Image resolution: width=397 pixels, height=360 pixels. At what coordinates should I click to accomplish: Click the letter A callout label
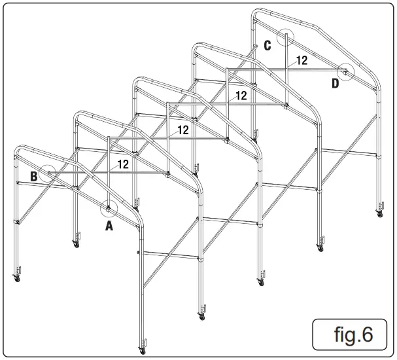[x=109, y=226]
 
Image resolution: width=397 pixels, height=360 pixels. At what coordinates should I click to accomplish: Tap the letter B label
[x=33, y=175]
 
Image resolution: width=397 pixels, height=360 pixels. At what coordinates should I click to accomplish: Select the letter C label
[x=268, y=45]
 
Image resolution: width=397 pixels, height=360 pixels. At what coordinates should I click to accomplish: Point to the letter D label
[x=336, y=83]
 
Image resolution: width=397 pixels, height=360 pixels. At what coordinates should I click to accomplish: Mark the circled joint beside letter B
[x=48, y=173]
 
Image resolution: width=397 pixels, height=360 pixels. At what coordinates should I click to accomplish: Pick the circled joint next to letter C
[x=285, y=37]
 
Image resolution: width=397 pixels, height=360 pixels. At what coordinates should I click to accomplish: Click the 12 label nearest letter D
[x=302, y=60]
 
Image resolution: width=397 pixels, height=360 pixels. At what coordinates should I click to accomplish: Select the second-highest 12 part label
[x=241, y=96]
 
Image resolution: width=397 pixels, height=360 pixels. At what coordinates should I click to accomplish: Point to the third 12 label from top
[x=183, y=130]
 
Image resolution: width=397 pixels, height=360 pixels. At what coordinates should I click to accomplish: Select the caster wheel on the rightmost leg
[x=379, y=213]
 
